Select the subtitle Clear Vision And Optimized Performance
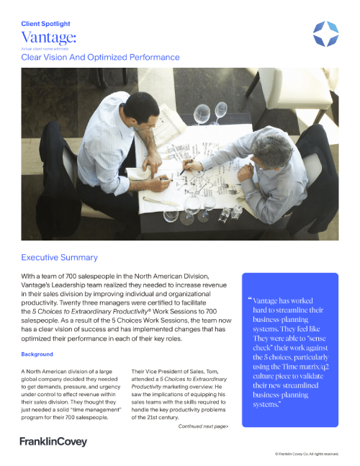click(x=100, y=57)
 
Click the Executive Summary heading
click(x=59, y=257)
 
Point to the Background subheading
click(x=37, y=354)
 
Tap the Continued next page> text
click(x=203, y=426)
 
